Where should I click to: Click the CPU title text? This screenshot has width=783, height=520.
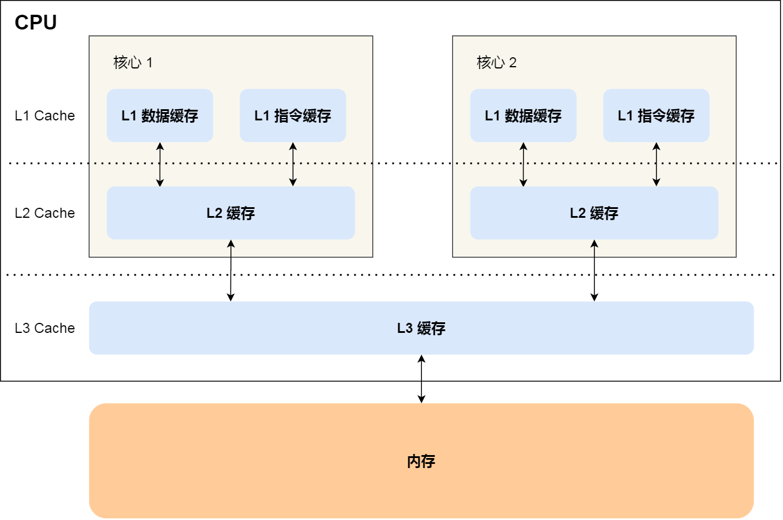[35, 22]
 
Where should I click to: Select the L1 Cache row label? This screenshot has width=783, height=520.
[45, 116]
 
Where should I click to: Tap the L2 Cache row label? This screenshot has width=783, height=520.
[45, 213]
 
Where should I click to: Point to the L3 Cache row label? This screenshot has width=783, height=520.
[45, 328]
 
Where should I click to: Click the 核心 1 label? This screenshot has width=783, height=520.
[133, 63]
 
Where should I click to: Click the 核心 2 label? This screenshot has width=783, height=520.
[496, 63]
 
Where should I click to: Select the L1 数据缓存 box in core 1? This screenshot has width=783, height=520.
[160, 116]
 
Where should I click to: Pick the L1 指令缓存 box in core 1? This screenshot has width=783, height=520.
[293, 116]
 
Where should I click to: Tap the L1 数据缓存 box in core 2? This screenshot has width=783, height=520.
[523, 116]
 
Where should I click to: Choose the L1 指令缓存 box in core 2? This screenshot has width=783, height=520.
[656, 116]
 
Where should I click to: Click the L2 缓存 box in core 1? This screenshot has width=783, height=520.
[230, 213]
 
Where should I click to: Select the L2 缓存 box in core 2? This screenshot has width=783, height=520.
[594, 213]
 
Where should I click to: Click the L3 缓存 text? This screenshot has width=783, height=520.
[421, 328]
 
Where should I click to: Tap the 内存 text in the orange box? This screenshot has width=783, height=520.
[421, 462]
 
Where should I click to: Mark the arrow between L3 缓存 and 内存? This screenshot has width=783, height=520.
[421, 379]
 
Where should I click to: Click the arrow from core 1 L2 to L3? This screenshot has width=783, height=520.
[230, 270]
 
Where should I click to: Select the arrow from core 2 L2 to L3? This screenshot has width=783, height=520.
[594, 270]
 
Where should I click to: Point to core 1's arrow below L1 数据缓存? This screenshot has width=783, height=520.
[160, 165]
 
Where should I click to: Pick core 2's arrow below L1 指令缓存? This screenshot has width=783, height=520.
[656, 165]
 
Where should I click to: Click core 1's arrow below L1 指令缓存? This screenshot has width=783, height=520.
[293, 165]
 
